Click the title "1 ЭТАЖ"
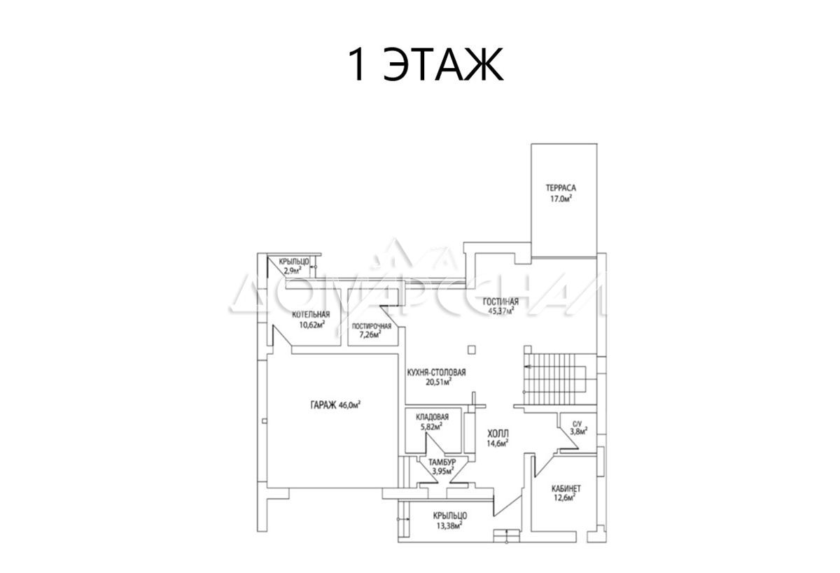coord(426,64)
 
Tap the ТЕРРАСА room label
coord(561,188)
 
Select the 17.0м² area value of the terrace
coord(561,199)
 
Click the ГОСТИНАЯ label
coord(500,302)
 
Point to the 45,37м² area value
coord(501,311)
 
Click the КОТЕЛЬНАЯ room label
coord(311,315)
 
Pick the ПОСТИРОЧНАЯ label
coord(371,326)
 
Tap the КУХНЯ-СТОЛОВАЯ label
coord(437,372)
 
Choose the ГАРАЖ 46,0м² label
coord(335,404)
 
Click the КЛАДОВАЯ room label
coord(432,417)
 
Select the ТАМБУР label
coord(442,462)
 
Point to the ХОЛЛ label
coord(498,434)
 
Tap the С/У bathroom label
coord(577,424)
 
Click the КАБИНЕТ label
coord(566,488)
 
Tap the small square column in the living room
coord(472,350)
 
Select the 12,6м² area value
coord(564,497)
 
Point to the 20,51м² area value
coord(438,382)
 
